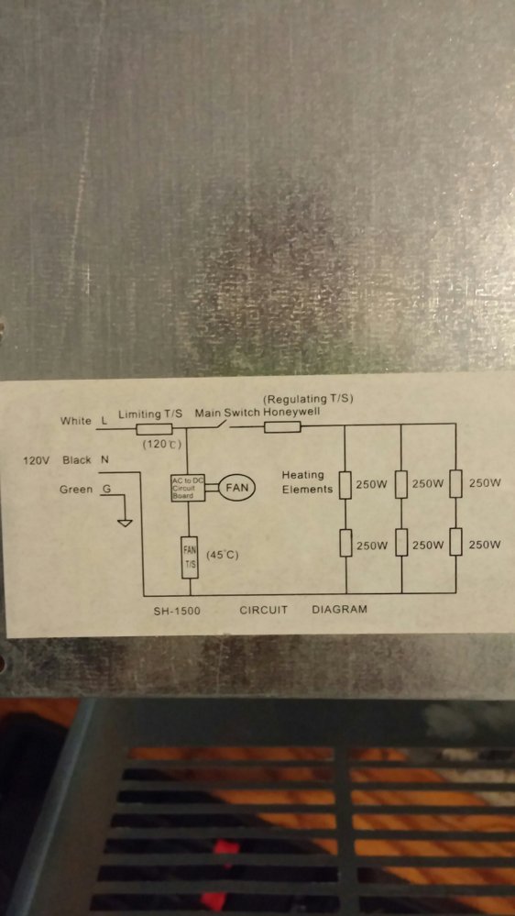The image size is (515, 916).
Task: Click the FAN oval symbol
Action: [237, 488]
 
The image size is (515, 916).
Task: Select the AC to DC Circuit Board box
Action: [188, 488]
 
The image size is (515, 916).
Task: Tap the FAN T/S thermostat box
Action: [191, 557]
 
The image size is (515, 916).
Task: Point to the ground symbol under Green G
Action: [125, 522]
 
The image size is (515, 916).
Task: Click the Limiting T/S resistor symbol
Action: [154, 429]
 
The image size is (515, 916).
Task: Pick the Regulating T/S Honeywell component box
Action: [282, 427]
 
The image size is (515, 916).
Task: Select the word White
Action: [76, 421]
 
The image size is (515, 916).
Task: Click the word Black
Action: [76, 459]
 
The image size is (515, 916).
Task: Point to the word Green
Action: [76, 490]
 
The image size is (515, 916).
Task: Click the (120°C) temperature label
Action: [162, 445]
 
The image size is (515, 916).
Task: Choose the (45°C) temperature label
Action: [223, 555]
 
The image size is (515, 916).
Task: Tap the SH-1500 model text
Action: [177, 611]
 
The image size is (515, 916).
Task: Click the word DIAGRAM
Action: [340, 610]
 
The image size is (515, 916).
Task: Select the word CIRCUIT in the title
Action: [264, 611]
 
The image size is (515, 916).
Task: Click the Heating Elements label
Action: [307, 482]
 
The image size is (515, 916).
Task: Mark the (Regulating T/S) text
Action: [309, 399]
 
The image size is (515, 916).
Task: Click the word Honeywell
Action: [291, 412]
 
